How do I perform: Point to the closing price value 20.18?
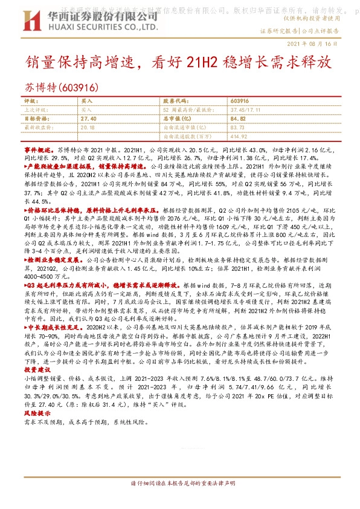(88, 127)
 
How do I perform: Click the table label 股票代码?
(175, 101)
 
